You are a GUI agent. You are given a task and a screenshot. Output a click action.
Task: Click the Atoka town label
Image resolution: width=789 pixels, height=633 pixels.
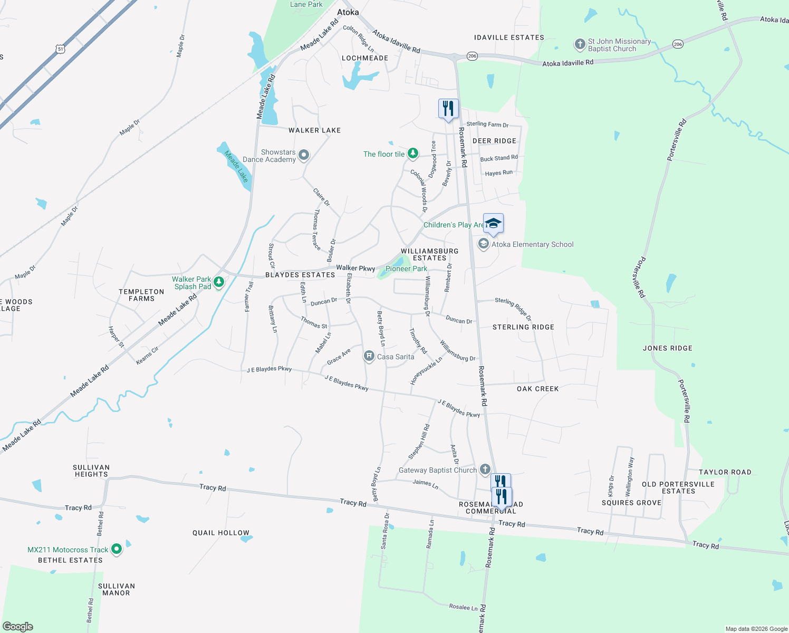(x=348, y=12)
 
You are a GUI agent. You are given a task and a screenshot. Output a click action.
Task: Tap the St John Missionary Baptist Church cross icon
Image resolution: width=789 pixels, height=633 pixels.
(x=580, y=44)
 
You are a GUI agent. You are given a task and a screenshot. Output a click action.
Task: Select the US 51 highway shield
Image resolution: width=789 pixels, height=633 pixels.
(x=61, y=49)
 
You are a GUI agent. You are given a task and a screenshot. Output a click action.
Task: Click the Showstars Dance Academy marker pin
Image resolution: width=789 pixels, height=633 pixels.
(x=304, y=155)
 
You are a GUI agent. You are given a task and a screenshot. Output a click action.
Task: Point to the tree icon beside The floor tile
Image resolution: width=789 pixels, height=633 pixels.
(x=413, y=154)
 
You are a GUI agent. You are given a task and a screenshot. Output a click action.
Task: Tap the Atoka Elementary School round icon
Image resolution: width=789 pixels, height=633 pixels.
(x=483, y=244)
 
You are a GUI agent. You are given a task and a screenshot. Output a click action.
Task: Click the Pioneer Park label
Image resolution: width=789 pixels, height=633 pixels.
(x=406, y=268)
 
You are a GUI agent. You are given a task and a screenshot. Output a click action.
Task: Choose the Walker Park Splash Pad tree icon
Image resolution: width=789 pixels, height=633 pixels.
(x=219, y=282)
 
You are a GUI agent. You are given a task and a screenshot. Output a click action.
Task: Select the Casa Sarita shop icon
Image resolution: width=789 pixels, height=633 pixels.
(x=369, y=357)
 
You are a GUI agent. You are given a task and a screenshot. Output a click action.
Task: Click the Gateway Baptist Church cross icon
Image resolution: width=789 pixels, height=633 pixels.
(x=485, y=469)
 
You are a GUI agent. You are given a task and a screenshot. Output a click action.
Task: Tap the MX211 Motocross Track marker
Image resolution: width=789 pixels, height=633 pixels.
(x=117, y=549)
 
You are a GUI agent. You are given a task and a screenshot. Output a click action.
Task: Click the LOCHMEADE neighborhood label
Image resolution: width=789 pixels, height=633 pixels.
(x=365, y=58)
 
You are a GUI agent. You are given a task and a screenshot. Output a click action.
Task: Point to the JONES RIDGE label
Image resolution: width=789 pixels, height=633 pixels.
(x=667, y=348)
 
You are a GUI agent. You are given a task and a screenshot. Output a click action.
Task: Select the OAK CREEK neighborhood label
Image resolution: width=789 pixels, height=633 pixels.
(x=537, y=389)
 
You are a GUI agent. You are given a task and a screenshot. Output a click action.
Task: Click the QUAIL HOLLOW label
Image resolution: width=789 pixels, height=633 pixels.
(x=220, y=533)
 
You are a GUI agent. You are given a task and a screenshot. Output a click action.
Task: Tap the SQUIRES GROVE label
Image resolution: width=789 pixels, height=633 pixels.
(x=631, y=503)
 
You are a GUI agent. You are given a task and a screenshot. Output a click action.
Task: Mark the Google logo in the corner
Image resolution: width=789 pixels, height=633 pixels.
(x=18, y=627)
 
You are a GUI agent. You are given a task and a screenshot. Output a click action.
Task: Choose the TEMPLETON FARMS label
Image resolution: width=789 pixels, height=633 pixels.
(x=141, y=295)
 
